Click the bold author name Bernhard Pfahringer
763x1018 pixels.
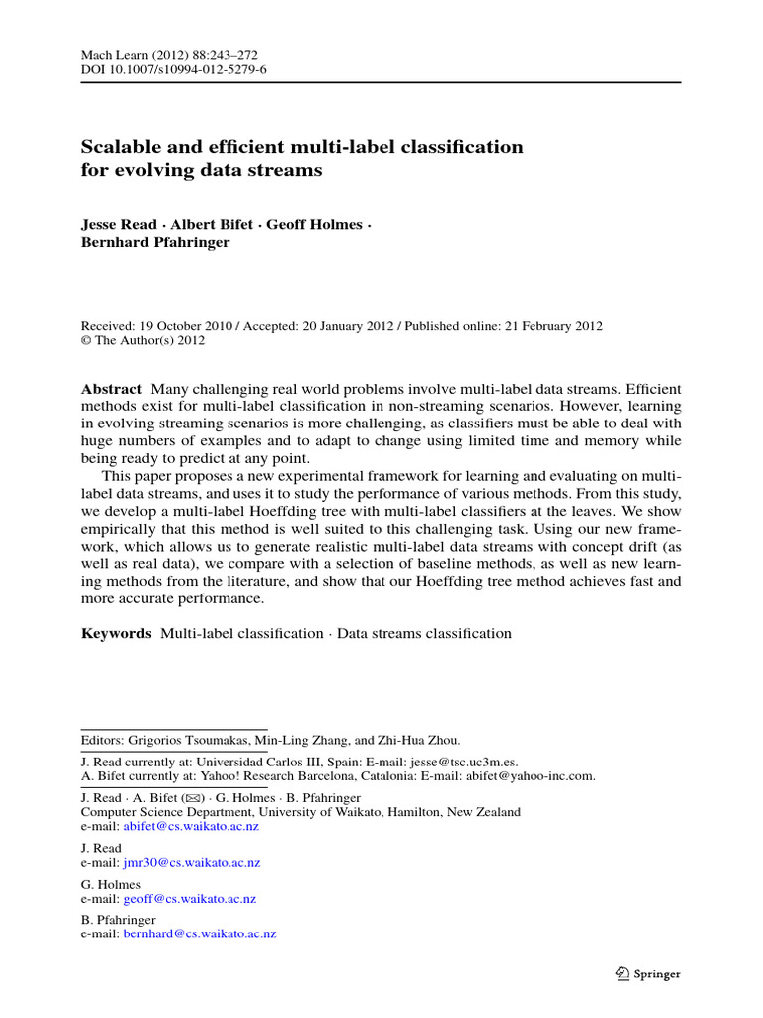[155, 242]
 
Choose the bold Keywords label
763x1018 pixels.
[116, 633]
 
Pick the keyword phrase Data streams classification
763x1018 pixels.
[424, 633]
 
